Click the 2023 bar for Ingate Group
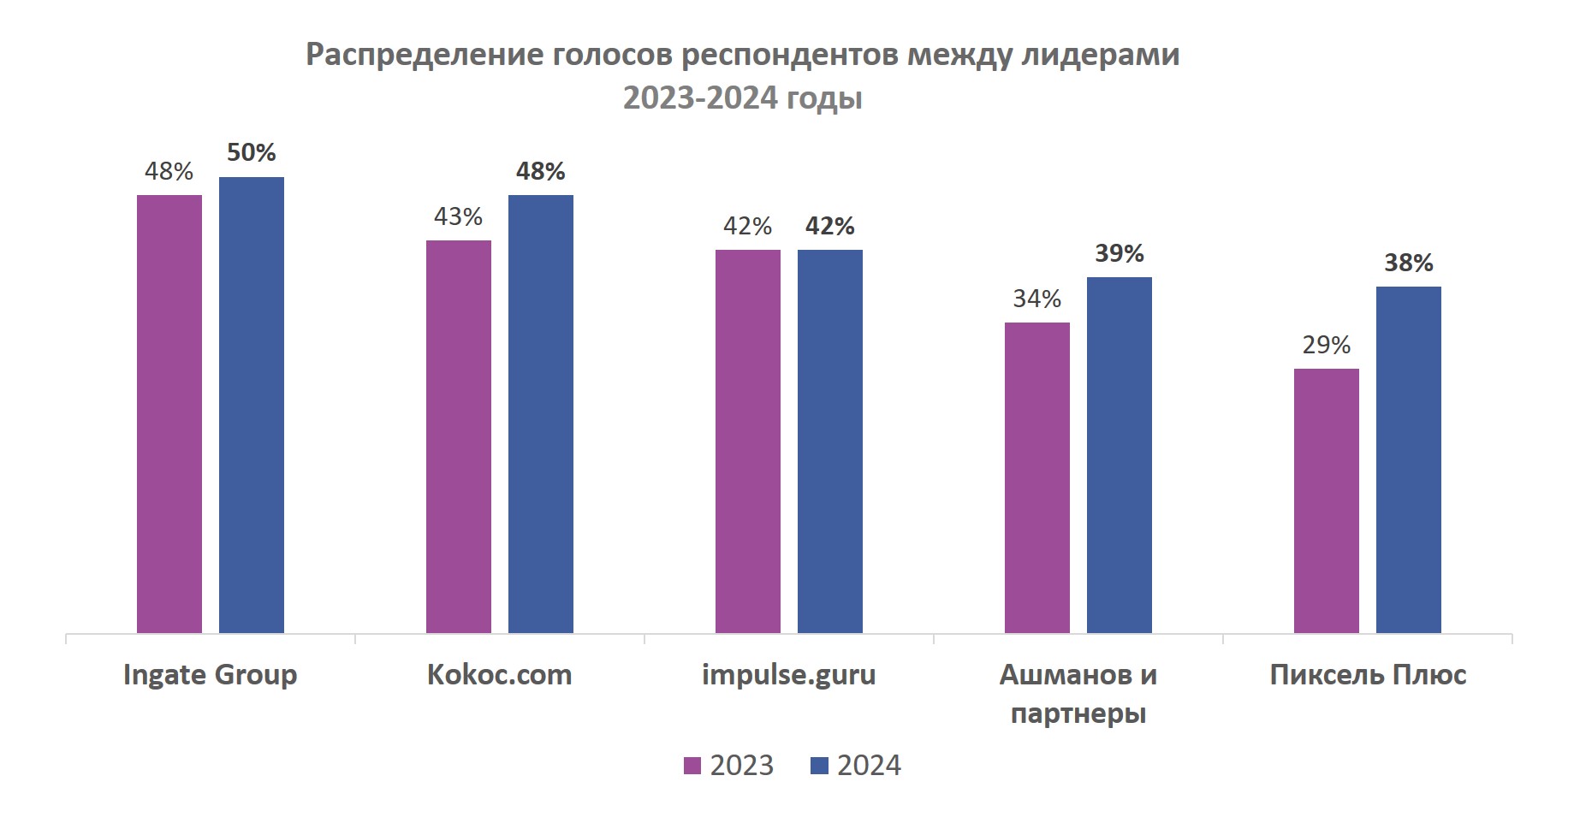click(169, 414)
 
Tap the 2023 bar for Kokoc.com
click(459, 436)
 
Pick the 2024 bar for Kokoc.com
click(541, 414)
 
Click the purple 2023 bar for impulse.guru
click(748, 441)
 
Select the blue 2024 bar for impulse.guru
click(830, 441)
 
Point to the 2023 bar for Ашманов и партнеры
click(1037, 477)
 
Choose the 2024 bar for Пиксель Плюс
click(1409, 459)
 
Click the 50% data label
click(252, 153)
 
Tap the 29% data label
click(1327, 345)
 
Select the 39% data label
click(1120, 253)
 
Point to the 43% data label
click(459, 216)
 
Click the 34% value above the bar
click(1037, 299)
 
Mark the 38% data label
click(1409, 263)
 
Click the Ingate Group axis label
click(211, 675)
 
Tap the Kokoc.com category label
click(500, 675)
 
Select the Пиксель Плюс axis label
click(1368, 675)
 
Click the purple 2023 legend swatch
click(692, 766)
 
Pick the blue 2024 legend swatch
click(819, 766)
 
